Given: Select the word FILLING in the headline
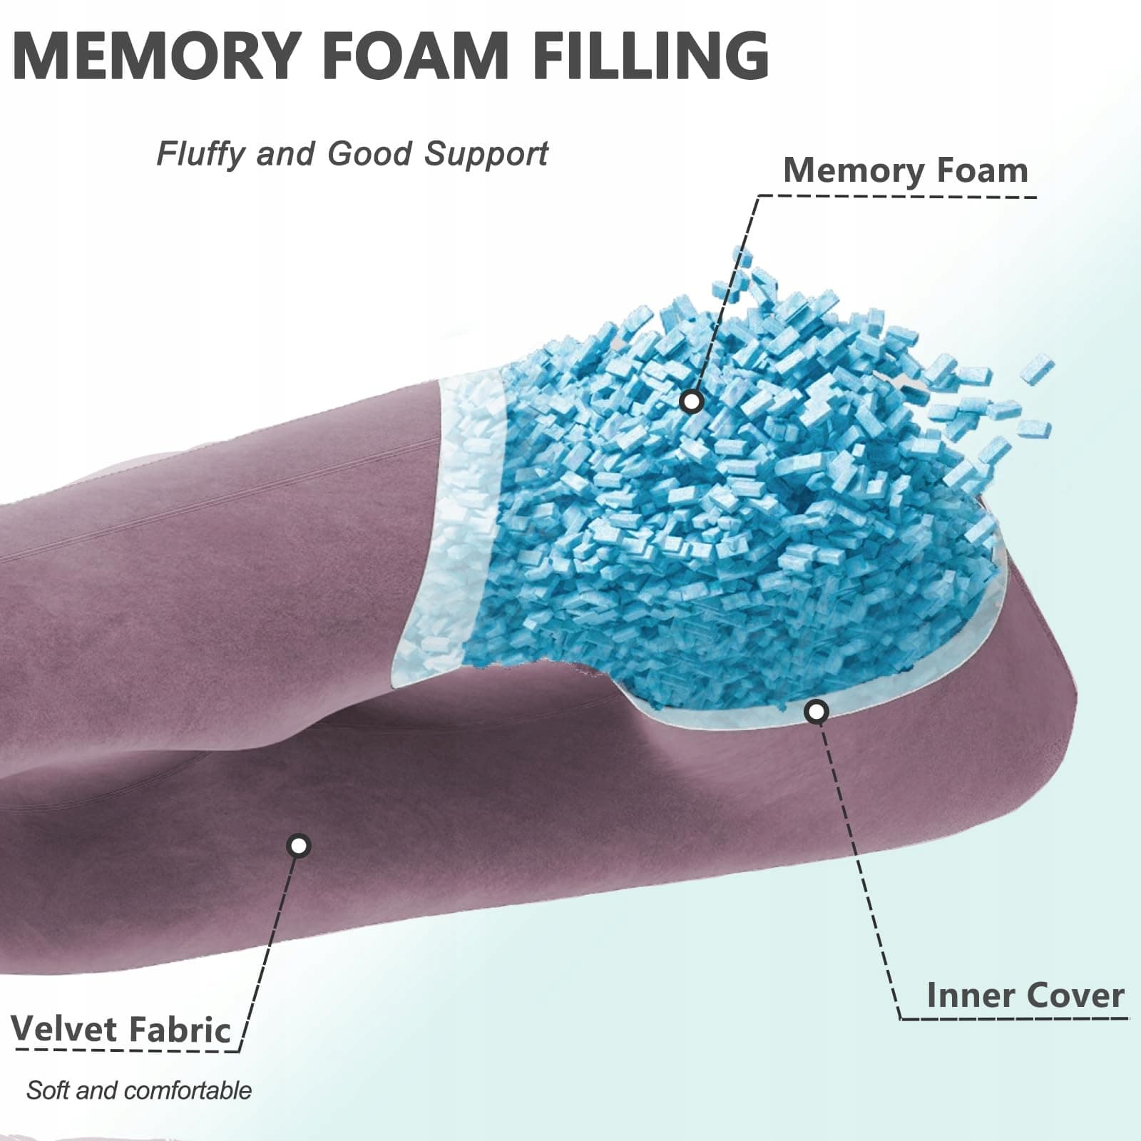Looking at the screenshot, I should (x=650, y=55).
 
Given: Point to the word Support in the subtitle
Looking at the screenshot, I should (x=486, y=154).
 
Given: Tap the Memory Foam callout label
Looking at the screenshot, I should (x=905, y=171).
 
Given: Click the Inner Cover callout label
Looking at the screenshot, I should (x=1025, y=995).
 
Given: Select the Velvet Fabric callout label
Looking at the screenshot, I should (x=121, y=1029).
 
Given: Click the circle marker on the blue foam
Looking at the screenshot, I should (x=691, y=401).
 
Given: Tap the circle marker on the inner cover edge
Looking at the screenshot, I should (x=816, y=711).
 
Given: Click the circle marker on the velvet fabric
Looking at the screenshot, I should (x=299, y=846).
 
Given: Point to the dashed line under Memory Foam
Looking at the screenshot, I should (x=899, y=195).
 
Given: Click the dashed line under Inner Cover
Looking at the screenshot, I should (x=1013, y=1018).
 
